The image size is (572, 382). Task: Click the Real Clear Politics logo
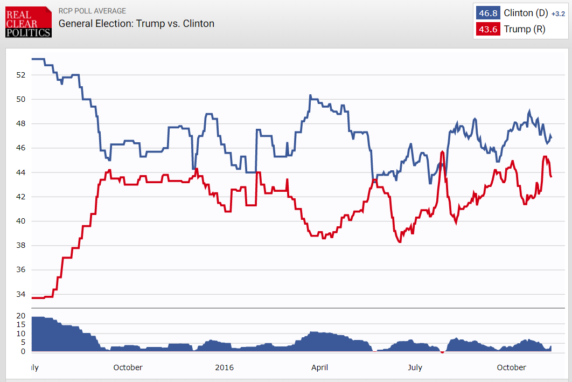(29, 22)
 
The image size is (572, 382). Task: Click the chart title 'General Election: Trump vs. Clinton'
(136, 23)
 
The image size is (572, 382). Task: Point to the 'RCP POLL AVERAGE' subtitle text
(92, 11)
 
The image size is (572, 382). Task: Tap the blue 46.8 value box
(488, 13)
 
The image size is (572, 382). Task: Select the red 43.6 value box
(488, 29)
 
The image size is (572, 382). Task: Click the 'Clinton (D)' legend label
(526, 13)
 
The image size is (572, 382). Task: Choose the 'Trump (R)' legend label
(524, 29)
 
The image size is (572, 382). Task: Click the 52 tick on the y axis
(21, 75)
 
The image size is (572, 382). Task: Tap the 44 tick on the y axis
(21, 172)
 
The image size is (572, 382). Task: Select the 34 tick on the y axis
(21, 294)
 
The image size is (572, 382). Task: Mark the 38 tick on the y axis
(21, 246)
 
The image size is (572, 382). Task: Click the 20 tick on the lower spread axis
(21, 316)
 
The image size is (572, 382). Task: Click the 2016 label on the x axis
(224, 367)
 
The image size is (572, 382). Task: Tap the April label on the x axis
(319, 367)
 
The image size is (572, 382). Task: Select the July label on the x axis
(415, 367)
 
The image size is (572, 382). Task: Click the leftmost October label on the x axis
(128, 367)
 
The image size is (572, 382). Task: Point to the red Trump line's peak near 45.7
(442, 152)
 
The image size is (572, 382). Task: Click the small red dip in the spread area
(442, 352)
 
